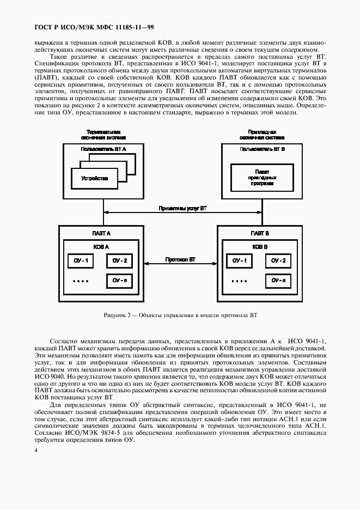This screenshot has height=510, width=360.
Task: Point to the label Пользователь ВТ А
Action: click(103, 149)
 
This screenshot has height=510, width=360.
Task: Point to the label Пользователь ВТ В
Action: click(262, 149)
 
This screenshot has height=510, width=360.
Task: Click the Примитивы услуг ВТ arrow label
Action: click(182, 209)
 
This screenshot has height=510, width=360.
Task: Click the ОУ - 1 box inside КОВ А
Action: click(80, 261)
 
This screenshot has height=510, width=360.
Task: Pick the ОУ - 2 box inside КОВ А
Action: click(119, 261)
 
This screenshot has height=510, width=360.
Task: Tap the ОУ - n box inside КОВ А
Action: click(119, 281)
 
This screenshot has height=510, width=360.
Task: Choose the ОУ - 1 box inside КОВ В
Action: click(239, 261)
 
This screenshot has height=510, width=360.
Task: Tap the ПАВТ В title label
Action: click(260, 233)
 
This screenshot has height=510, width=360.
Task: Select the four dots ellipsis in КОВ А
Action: click(80, 282)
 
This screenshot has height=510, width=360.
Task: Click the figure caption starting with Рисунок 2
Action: click(180, 315)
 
